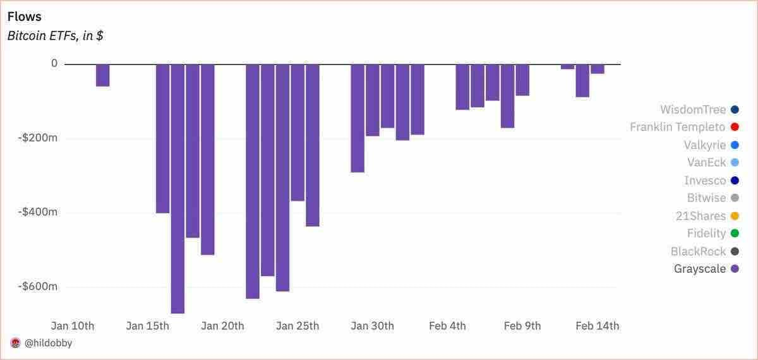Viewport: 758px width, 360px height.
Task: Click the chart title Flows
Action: pos(24,16)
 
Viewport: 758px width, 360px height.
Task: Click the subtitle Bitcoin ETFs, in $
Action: pos(56,35)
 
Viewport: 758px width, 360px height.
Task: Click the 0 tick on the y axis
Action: pos(54,63)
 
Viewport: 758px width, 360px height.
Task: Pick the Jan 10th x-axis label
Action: pos(73,326)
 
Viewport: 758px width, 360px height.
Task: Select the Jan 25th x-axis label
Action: pos(298,326)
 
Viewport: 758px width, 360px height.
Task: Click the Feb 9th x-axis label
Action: pos(522,326)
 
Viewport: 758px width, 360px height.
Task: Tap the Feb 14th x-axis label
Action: pos(598,326)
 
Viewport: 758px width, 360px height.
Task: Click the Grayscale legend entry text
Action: pos(700,269)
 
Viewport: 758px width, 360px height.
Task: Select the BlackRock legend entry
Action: pos(698,251)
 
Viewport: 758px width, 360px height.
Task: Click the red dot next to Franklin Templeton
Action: pos(734,127)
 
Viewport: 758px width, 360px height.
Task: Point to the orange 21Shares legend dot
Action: pos(734,216)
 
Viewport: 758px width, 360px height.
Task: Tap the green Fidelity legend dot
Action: pos(734,234)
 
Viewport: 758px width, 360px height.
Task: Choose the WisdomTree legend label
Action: pos(693,109)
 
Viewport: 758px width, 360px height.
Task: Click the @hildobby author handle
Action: pos(49,343)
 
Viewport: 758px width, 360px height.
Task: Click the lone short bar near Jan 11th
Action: pos(102,75)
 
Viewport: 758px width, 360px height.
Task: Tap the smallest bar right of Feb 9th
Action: pos(567,66)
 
